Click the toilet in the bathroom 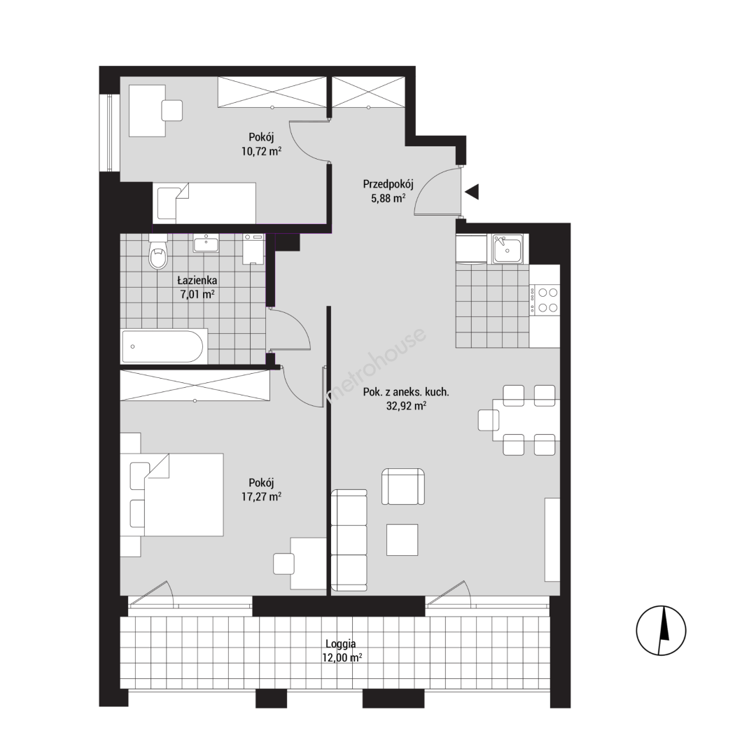click(158, 252)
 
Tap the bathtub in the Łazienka click(164, 346)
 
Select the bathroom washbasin click(206, 244)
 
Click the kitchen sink click(507, 248)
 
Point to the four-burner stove click(545, 300)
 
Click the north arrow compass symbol click(661, 630)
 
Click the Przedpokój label click(388, 183)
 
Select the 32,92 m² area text click(406, 406)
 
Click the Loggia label click(341, 644)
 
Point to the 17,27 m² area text click(261, 496)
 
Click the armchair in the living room click(403, 486)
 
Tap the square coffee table click(402, 540)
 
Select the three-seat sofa click(349, 540)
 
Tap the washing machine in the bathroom click(253, 248)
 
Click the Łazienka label click(197, 280)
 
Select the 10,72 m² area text click(261, 151)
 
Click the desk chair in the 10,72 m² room click(171, 111)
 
